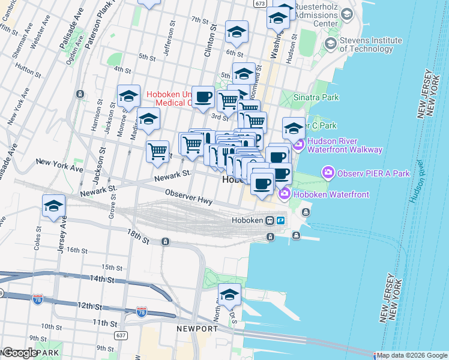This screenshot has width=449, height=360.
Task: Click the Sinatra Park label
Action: (x=316, y=97)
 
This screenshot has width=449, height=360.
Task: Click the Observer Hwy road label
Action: (x=188, y=197)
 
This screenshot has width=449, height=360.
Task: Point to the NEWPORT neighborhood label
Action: (x=197, y=329)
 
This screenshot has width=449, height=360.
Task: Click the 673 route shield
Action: (x=259, y=4)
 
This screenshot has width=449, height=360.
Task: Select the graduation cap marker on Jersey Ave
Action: (x=53, y=206)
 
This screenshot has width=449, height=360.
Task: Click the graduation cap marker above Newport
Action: (x=229, y=295)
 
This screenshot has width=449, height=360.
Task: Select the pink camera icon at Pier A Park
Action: (x=328, y=173)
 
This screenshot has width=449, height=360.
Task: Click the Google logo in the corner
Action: (x=19, y=353)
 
